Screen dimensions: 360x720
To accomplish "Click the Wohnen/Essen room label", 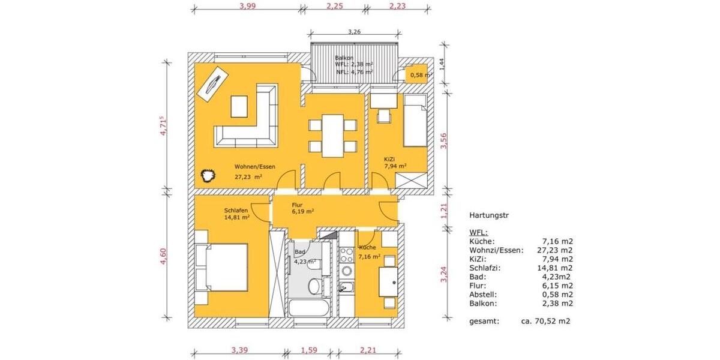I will point(255,167).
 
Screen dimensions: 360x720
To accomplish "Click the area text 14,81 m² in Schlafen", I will point(236,218).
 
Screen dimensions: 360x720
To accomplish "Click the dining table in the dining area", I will point(333,136).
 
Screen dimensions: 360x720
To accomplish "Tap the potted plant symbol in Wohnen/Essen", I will point(208,176).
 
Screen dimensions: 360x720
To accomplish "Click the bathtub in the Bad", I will point(309,310).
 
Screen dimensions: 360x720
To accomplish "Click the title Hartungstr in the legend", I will point(488,214).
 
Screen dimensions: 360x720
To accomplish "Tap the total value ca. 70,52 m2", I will point(545,322).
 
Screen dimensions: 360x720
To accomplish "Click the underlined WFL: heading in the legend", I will point(478,232).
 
